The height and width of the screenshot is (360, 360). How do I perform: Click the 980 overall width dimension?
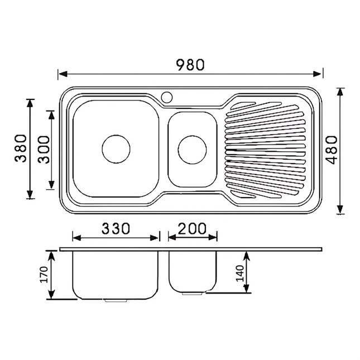coord(190,65)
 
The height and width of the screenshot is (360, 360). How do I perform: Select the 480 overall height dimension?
coord(332,150)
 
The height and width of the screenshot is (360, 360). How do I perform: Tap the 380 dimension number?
coord(21,149)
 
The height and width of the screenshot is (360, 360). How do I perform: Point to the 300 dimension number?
coord(43,149)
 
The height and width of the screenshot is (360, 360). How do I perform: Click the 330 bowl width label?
coord(116,228)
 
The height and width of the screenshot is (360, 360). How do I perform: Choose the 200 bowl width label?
coord(192,228)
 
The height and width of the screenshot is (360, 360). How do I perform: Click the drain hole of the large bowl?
coord(116,149)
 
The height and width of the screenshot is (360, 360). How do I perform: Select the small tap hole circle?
coord(166,97)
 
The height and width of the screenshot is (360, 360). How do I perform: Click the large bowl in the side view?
coord(116,273)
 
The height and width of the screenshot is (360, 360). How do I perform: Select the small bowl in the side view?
coord(192,271)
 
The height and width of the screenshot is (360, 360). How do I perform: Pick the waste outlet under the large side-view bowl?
coord(116,301)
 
